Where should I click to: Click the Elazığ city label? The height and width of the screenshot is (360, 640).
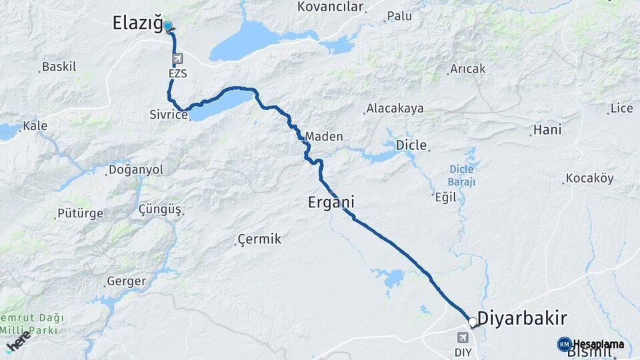[x=136, y=25]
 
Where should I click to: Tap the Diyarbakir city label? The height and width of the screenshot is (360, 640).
[x=522, y=317]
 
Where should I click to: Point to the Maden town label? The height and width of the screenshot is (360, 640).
[x=325, y=137]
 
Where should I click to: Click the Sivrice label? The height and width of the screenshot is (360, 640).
[x=168, y=115]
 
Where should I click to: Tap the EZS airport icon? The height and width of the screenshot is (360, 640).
[x=177, y=59]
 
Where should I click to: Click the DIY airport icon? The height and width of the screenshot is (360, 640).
[x=463, y=337]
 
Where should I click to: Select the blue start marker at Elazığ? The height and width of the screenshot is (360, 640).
[x=168, y=27]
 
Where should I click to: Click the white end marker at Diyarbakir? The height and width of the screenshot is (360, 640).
[x=473, y=323]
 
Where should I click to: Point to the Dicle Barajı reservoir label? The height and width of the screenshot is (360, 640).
[x=461, y=175]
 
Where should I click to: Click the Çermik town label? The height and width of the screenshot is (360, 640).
[x=259, y=239]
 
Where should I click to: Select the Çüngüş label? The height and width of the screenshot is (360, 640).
[x=160, y=210]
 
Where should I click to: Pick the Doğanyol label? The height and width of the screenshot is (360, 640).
[x=135, y=170]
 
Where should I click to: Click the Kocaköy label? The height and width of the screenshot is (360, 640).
[x=589, y=178]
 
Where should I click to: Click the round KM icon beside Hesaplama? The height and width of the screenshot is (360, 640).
[x=564, y=344]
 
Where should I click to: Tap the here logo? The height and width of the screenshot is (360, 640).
[x=18, y=340]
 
